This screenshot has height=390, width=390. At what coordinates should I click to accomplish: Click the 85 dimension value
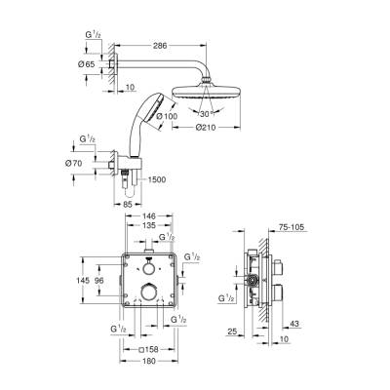point(128,203)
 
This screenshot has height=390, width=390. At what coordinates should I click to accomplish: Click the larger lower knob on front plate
point(149,293)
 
